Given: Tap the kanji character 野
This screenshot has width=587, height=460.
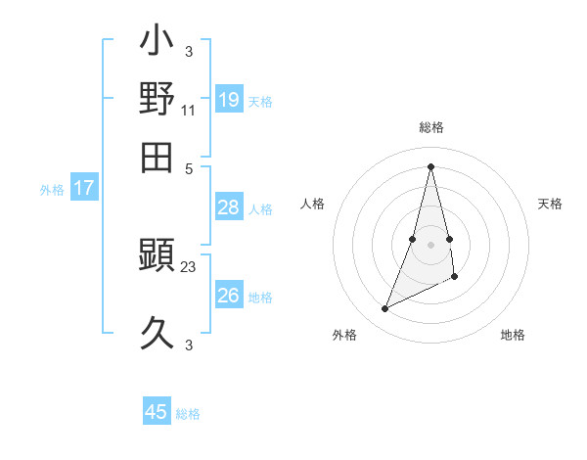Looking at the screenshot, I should pyautogui.click(x=157, y=99).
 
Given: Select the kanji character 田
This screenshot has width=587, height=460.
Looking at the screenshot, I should pyautogui.click(x=157, y=156).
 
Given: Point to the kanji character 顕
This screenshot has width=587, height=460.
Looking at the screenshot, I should pyautogui.click(x=157, y=256).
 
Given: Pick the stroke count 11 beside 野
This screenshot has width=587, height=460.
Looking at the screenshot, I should pyautogui.click(x=188, y=111).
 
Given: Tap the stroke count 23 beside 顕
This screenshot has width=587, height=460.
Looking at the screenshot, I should pyautogui.click(x=188, y=265).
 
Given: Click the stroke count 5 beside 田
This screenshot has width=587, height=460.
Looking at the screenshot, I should pyautogui.click(x=188, y=168).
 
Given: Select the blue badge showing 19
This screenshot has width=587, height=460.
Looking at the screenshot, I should pyautogui.click(x=228, y=100).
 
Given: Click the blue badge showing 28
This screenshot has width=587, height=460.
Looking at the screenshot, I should pyautogui.click(x=228, y=207).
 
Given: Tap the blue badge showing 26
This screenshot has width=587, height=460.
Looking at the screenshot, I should pyautogui.click(x=228, y=296).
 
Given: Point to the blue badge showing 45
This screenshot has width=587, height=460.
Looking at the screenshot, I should pyautogui.click(x=157, y=412).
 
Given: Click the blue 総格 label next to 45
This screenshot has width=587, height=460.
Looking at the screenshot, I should pyautogui.click(x=188, y=414).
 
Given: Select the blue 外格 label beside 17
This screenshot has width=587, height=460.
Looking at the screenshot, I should pyautogui.click(x=52, y=190).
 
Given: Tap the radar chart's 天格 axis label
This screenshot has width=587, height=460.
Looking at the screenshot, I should pyautogui.click(x=550, y=204).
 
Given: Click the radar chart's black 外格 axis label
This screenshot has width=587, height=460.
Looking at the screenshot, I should pyautogui.click(x=344, y=335).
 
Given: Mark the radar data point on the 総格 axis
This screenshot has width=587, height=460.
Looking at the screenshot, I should pyautogui.click(x=430, y=165).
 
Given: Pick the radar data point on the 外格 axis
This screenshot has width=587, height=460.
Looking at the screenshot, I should pyautogui.click(x=384, y=309).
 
